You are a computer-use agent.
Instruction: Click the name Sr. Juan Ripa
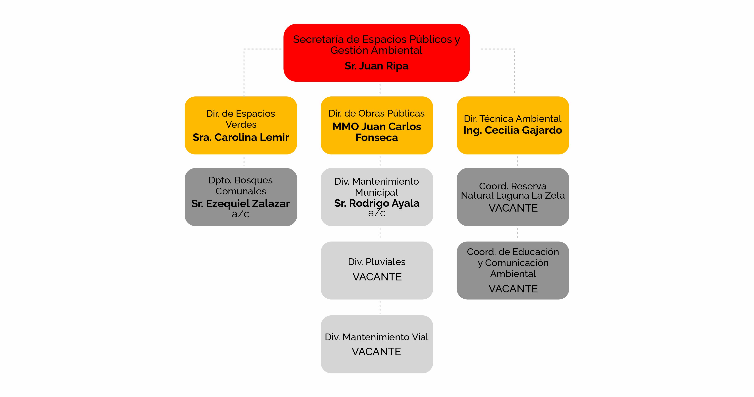click(x=376, y=66)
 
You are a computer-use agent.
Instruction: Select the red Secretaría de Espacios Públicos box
click(x=376, y=53)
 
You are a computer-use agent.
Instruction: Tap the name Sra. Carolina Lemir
click(x=241, y=137)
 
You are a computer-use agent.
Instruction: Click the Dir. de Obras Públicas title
click(x=376, y=113)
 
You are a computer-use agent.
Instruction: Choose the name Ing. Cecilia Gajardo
click(x=512, y=130)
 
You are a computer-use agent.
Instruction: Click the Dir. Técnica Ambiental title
click(x=512, y=119)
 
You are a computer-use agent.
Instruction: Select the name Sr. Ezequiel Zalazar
click(x=241, y=203)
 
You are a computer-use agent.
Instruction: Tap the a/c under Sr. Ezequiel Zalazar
click(x=241, y=214)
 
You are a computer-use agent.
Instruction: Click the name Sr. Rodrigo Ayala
click(x=377, y=203)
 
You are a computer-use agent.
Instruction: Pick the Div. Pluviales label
click(x=377, y=262)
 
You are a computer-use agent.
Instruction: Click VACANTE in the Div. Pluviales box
click(x=377, y=277)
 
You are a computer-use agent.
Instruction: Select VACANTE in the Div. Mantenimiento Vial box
click(x=376, y=351)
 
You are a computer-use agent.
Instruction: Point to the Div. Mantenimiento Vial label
click(x=376, y=337)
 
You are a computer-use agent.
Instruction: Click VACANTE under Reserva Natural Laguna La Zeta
click(x=513, y=208)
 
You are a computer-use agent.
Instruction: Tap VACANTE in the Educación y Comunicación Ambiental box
click(x=513, y=289)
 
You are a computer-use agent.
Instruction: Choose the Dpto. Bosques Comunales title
click(x=241, y=185)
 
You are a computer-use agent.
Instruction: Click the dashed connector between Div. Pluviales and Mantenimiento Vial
click(x=380, y=307)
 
